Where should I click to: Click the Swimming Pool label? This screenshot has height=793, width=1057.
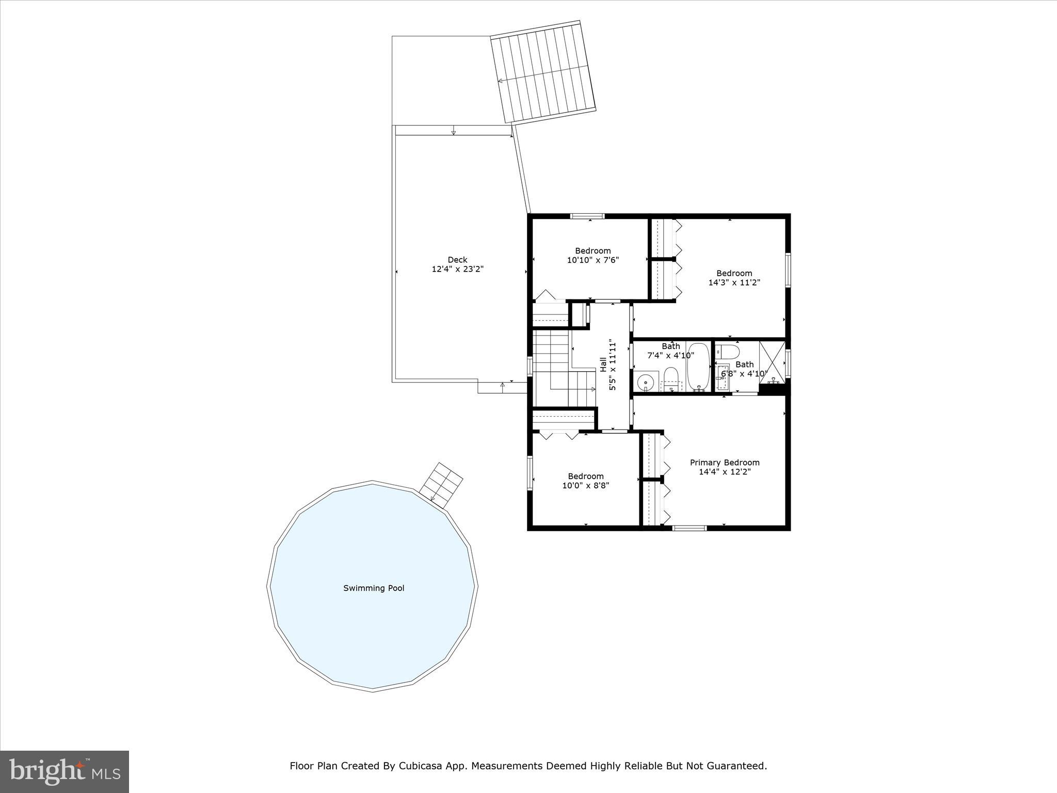coord(374,588)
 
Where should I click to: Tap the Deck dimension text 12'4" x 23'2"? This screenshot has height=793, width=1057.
coord(457,269)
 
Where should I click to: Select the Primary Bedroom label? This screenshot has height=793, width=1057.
coord(725,463)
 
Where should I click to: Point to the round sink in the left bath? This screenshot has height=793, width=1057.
coord(645,383)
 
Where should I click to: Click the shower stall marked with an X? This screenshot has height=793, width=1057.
coord(772,361)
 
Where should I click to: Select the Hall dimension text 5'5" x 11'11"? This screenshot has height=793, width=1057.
coord(613,364)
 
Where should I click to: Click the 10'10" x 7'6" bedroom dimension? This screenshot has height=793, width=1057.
coord(592,260)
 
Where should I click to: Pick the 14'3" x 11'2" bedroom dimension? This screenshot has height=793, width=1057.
coord(734,282)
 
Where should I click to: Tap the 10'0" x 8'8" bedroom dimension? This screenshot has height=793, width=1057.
coord(585,485)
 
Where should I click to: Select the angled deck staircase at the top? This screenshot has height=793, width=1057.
coord(543,72)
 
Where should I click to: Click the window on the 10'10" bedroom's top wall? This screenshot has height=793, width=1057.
coord(587,216)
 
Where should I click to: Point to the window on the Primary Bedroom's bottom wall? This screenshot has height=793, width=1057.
coord(690,528)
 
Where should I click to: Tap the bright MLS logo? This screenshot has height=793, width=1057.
coord(65,771)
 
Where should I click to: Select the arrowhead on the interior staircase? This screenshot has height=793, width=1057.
coord(594,389)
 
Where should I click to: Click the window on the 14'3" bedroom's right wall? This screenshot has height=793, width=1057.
coord(788,269)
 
